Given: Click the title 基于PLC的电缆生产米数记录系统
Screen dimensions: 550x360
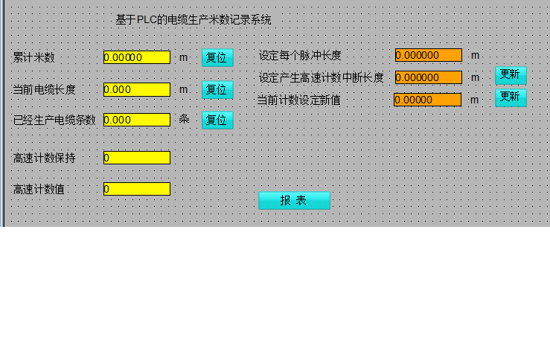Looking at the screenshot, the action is coord(194,20).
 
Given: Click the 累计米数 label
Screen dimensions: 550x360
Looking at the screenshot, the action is coord(34,58).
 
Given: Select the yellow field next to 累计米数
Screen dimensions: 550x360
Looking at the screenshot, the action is coord(137,57).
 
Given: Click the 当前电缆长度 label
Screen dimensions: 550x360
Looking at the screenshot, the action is coord(45,89).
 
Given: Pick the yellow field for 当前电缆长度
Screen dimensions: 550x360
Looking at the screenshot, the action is coord(137,89).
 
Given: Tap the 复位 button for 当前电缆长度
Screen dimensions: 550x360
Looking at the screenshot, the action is coord(217,89).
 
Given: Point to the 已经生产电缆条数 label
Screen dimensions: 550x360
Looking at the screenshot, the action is coord(54,120).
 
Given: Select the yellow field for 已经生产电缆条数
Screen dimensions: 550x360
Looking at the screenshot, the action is coord(137,120).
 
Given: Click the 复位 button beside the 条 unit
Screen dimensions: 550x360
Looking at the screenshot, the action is coord(217,120).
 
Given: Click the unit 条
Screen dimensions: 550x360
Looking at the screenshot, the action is coord(184,119).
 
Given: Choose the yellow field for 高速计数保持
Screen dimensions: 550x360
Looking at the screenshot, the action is coord(137,158).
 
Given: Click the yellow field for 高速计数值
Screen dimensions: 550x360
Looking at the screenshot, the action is coord(137,189).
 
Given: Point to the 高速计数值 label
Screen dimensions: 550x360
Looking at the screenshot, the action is coord(39,190).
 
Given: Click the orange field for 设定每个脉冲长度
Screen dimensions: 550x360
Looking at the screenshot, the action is coord(428,55).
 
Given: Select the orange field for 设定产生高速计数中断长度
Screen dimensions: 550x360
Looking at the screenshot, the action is coord(428,77).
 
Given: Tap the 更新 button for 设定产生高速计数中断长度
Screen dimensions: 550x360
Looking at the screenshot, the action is coord(511,75).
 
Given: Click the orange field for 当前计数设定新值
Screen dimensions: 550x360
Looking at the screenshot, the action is coord(427,100).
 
